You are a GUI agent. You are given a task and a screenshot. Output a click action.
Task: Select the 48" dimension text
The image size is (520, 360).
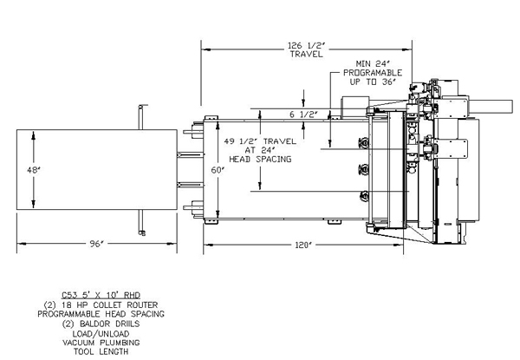(x=34, y=171)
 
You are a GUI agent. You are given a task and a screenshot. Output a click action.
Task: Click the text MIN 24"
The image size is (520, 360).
(x=374, y=63)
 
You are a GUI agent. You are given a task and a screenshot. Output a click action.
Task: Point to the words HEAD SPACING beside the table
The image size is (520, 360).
(x=260, y=160)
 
